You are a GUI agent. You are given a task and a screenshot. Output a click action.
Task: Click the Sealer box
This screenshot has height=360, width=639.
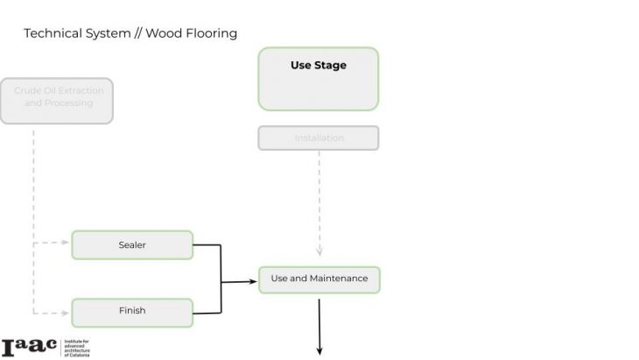tap(132, 245)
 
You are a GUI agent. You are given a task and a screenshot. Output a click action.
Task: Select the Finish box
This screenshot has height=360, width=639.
tap(132, 311)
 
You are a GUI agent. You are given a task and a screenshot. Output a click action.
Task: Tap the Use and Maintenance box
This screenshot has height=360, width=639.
tap(319, 279)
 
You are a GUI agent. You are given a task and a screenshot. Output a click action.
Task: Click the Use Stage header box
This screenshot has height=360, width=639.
tap(319, 78)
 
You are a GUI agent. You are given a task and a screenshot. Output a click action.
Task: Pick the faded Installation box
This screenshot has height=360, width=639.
tap(319, 138)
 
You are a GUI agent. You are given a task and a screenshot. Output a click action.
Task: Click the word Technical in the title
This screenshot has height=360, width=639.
tap(52, 33)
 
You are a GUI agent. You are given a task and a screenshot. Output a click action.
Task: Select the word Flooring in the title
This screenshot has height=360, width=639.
tap(209, 33)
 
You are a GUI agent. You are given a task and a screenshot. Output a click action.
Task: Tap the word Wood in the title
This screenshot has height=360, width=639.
tap(163, 33)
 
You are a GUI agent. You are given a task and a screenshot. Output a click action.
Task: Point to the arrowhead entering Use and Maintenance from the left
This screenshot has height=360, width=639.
tap(254, 281)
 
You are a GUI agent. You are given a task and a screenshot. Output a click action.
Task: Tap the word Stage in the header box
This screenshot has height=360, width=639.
tap(332, 65)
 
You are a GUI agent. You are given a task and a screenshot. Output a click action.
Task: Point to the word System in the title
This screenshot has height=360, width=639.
tap(103, 33)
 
